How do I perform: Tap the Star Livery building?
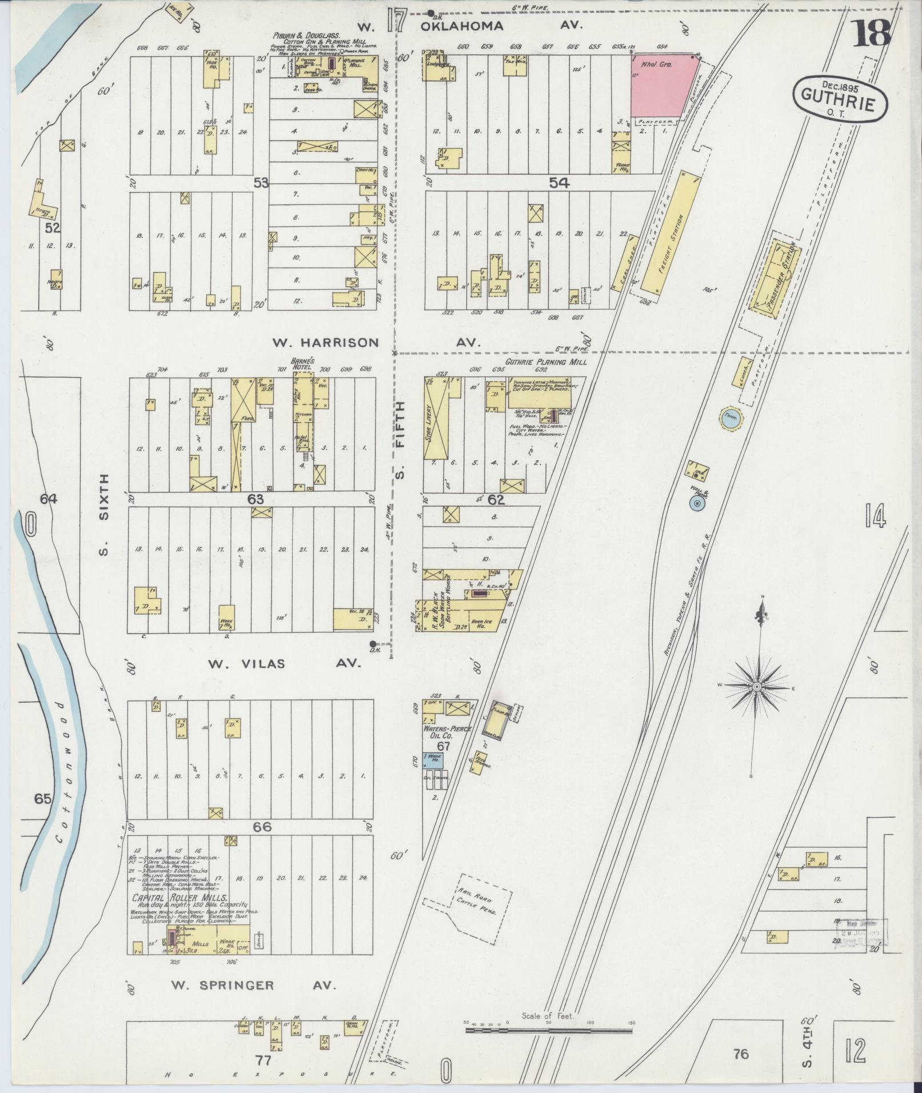436,420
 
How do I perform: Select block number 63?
256,499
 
